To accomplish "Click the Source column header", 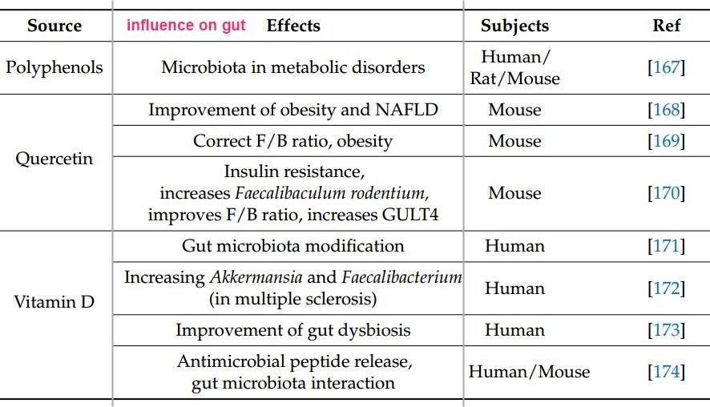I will pos(54,25).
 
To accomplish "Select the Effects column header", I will pos(292,25).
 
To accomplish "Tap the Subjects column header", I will pos(514,25).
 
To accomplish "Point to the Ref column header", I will pos(666,25).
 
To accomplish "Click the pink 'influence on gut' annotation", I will pos(186,26).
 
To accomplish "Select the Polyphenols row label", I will pos(54,66).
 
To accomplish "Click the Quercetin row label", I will pos(54,158).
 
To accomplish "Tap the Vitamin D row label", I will pos(54,304).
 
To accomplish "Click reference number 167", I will pos(666,67).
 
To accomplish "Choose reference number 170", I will pos(666,193).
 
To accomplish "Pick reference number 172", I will pos(666,288).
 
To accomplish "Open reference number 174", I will pos(666,371).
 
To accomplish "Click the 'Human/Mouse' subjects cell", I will pos(529,371).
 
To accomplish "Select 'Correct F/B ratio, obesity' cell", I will pos(292,142).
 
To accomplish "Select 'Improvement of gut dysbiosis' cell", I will pos(292,330).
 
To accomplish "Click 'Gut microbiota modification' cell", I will pos(292,246).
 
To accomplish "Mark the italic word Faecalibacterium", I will pos(401,278).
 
